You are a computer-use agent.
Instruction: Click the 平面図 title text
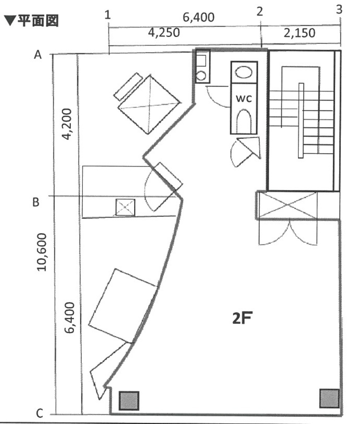click(x=38, y=21)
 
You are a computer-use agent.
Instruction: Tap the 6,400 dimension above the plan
click(x=198, y=17)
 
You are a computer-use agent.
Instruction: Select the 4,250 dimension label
click(x=164, y=33)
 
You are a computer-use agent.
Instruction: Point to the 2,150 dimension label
click(x=299, y=33)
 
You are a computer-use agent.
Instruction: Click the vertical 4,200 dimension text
click(x=67, y=124)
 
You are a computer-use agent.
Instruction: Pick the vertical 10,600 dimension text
click(x=42, y=252)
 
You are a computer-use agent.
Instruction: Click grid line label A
click(x=38, y=54)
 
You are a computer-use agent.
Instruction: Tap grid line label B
click(x=36, y=202)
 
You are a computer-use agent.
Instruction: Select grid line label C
click(x=40, y=413)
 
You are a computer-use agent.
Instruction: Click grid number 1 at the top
click(x=108, y=15)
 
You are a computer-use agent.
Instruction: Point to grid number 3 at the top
click(x=339, y=10)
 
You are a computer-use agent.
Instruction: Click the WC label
click(x=244, y=99)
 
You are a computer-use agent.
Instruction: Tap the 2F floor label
click(x=242, y=318)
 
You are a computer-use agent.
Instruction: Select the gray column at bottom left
click(x=129, y=400)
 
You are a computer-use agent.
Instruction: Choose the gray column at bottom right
click(x=330, y=398)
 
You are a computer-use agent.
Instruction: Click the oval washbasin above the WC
click(x=244, y=72)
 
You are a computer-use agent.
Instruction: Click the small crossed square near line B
click(x=125, y=207)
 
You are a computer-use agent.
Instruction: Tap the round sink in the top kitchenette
click(x=201, y=75)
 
